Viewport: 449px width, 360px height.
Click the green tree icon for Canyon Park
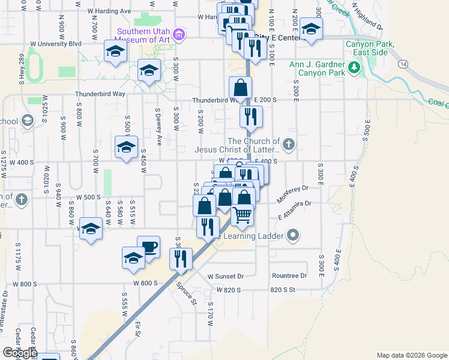[x=354, y=68]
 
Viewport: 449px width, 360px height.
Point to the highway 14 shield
[x=402, y=63]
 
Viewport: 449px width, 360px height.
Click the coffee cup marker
[x=148, y=247]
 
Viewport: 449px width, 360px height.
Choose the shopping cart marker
[x=243, y=214]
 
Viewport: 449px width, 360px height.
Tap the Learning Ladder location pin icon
[x=292, y=236]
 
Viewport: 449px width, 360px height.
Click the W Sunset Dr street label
[x=226, y=277]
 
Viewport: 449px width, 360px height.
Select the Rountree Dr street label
[x=289, y=276]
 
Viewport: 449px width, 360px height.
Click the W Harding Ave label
[x=109, y=11]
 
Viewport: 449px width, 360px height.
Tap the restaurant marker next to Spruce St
[x=180, y=258]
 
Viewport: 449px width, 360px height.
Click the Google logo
[x=19, y=353]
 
